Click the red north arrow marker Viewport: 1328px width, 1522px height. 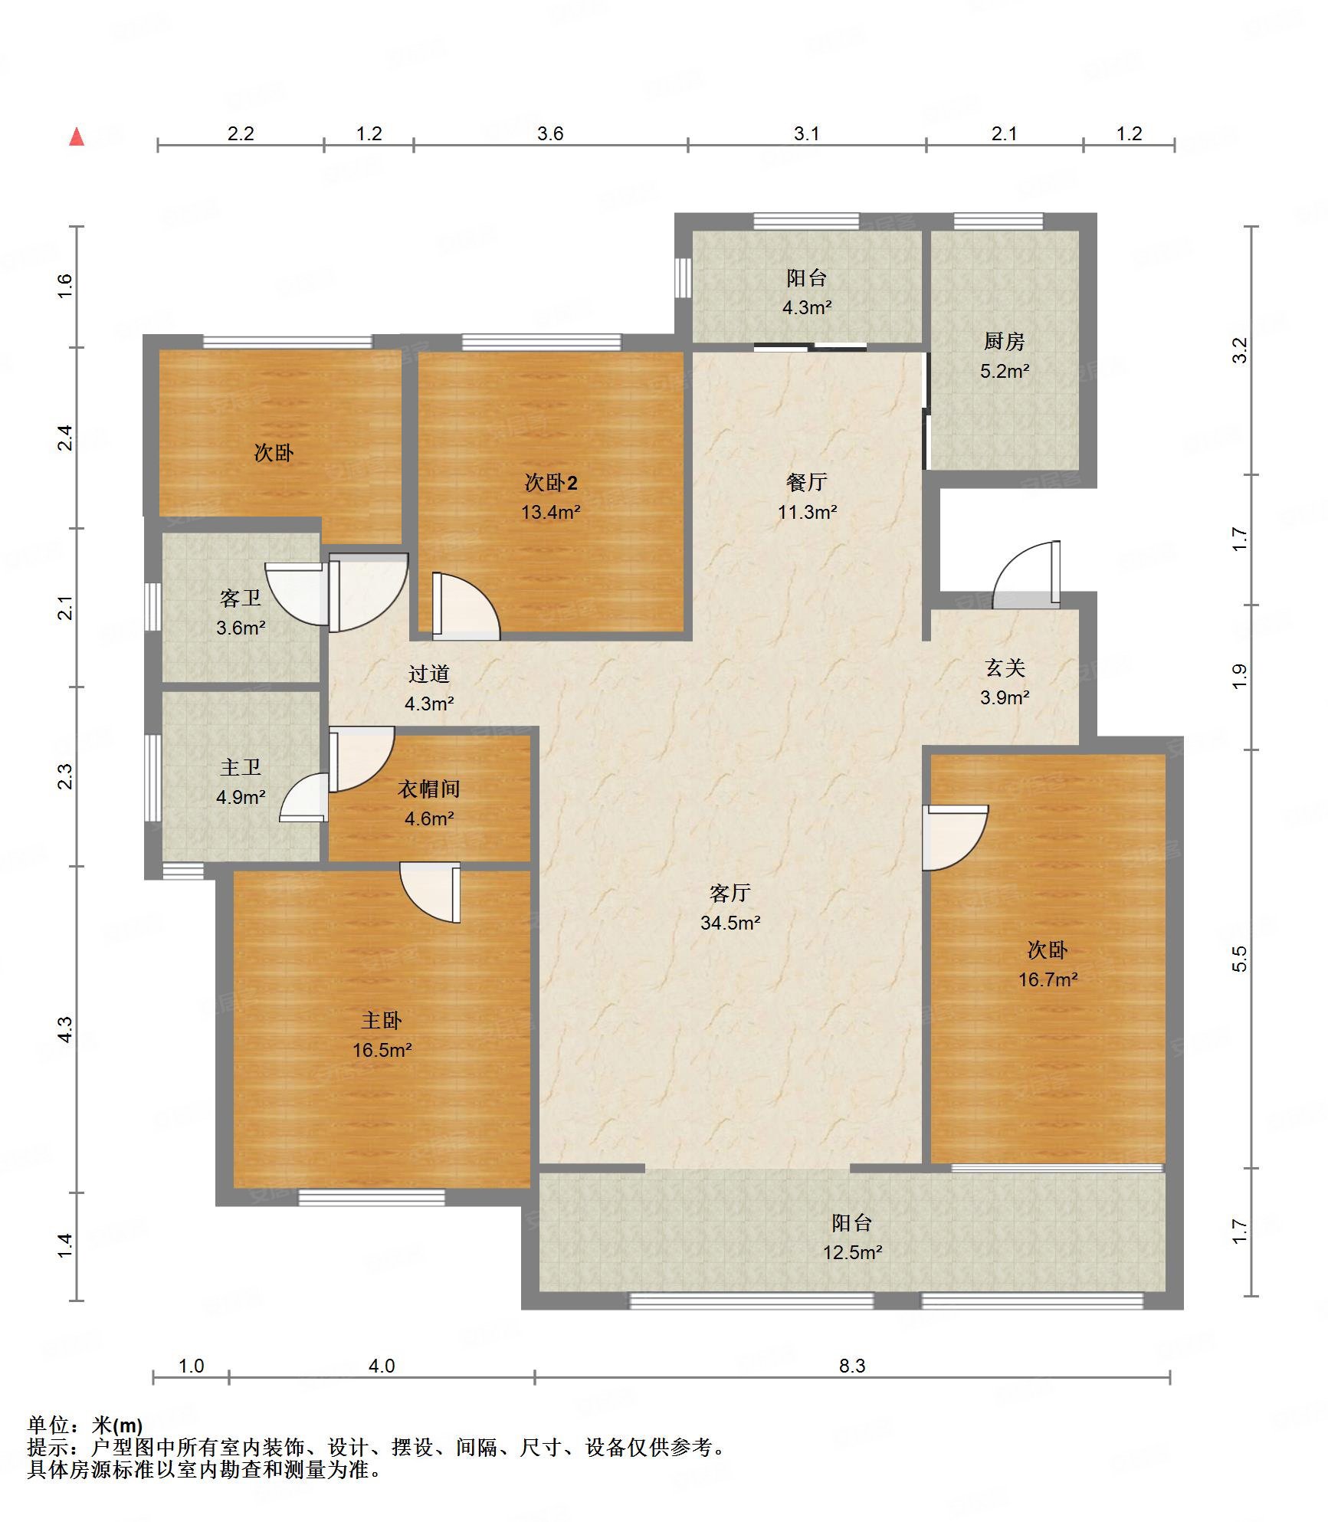pyautogui.click(x=77, y=136)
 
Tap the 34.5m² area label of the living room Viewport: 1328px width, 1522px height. pyautogui.click(x=730, y=923)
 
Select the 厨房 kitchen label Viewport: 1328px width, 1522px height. pyautogui.click(x=1004, y=341)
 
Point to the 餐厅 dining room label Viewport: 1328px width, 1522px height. pyautogui.click(x=806, y=482)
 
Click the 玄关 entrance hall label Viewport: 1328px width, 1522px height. pyautogui.click(x=1005, y=668)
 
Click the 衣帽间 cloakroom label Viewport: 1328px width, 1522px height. pyautogui.click(x=429, y=789)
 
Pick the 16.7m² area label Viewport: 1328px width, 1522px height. pyautogui.click(x=1048, y=979)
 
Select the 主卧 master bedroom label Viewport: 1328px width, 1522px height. pyautogui.click(x=382, y=1020)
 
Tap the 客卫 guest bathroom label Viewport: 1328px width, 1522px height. pyautogui.click(x=241, y=599)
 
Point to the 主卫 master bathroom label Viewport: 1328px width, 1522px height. pyautogui.click(x=241, y=767)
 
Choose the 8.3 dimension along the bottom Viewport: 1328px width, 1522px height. pyautogui.click(x=851, y=1366)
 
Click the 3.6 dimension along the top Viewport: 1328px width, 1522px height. pyautogui.click(x=550, y=133)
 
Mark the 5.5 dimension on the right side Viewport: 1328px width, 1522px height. pyautogui.click(x=1239, y=959)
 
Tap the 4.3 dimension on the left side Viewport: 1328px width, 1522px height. pyautogui.click(x=66, y=1029)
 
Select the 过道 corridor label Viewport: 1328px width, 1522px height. pyautogui.click(x=429, y=674)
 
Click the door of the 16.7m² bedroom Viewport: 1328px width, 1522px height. pyautogui.click(x=955, y=838)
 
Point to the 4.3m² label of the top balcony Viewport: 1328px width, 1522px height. pyautogui.click(x=806, y=307)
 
